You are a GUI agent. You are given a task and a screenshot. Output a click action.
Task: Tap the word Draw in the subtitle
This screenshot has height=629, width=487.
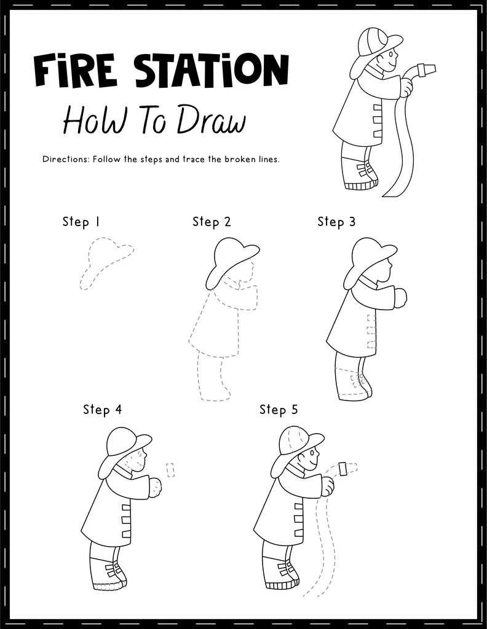point(212,121)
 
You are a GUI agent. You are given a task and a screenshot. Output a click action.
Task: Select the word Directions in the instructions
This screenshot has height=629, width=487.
point(65,159)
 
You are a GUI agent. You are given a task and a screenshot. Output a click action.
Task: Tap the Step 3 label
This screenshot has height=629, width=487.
point(336,222)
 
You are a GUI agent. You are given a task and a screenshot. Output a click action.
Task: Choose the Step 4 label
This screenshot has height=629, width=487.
point(102,410)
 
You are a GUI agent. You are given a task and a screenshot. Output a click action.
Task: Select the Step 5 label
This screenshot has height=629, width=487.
point(278,410)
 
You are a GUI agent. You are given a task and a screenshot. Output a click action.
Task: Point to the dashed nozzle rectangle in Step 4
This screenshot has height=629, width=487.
point(171,470)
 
